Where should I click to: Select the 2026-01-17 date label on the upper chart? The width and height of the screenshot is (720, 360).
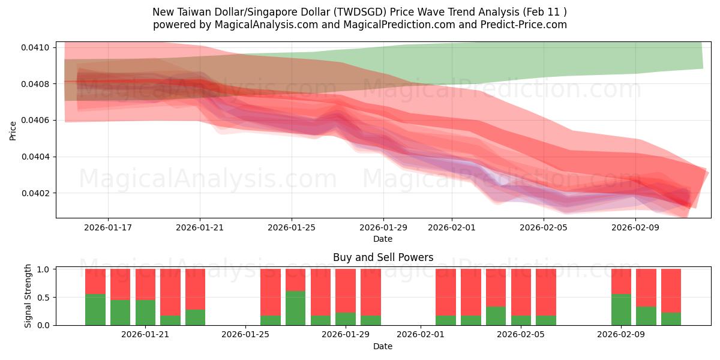tap(108, 227)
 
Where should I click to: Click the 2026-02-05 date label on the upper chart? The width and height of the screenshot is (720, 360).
tap(543, 227)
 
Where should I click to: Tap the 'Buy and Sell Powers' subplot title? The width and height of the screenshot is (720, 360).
tap(383, 257)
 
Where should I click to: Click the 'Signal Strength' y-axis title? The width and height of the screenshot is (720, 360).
tap(28, 297)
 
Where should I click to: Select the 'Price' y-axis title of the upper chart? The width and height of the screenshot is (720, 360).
tap(13, 130)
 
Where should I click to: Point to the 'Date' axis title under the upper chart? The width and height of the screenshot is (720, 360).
tap(383, 239)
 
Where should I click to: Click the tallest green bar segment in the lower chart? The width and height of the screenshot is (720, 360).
tap(295, 308)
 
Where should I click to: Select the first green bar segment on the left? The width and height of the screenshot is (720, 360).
tap(95, 310)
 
